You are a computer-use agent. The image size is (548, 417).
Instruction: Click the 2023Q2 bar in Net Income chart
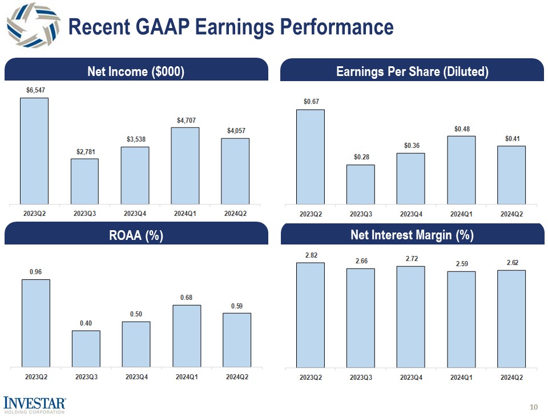(x=34, y=150)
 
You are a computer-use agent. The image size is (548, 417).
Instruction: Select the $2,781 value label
(x=84, y=151)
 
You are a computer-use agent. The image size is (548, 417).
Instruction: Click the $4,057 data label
(x=235, y=131)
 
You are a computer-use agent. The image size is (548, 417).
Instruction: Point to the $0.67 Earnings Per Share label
(x=311, y=102)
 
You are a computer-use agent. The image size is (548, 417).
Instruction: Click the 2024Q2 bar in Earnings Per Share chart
(x=511, y=174)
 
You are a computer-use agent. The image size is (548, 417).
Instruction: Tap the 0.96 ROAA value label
(x=35, y=272)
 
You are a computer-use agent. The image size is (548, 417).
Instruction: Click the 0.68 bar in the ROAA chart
(x=187, y=335)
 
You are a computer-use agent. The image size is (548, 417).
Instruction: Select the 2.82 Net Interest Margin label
(x=311, y=255)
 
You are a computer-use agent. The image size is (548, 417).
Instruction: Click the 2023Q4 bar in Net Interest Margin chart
(x=411, y=316)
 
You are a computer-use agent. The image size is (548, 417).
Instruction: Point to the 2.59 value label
(x=461, y=264)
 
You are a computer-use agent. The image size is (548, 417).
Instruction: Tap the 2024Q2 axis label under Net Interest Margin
(x=511, y=377)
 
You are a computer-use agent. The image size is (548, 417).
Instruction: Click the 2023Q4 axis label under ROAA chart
(x=136, y=377)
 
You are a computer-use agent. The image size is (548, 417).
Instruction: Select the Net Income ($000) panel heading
(x=135, y=71)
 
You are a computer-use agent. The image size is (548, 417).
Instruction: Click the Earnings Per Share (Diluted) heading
(x=412, y=71)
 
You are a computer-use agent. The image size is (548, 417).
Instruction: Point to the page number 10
(x=534, y=407)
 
